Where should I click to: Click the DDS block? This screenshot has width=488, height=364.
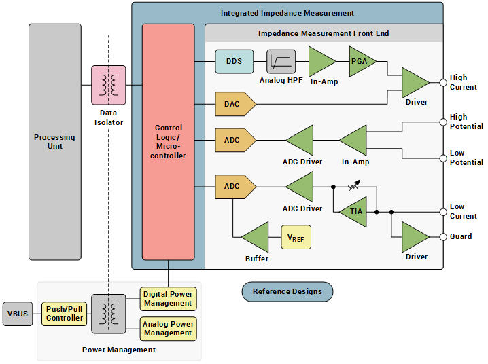234,62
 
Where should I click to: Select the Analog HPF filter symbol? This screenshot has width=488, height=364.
281,62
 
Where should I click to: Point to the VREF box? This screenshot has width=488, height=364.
296,237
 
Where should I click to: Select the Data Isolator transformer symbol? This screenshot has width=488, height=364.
109,85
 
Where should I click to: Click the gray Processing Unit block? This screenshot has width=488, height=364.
54,141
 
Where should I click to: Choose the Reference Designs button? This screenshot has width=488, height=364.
287,292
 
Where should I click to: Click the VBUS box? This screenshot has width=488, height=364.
17,314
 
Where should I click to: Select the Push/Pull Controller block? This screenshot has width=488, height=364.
65,314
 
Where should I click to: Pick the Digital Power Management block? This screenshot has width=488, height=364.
168,299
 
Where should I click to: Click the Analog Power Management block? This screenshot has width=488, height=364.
168,329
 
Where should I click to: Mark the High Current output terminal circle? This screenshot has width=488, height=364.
442,83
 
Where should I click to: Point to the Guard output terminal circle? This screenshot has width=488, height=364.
442,237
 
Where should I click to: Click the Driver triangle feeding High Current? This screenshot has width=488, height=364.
414,83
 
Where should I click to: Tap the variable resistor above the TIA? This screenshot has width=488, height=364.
353,186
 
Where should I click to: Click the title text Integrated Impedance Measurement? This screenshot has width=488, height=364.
287,13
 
